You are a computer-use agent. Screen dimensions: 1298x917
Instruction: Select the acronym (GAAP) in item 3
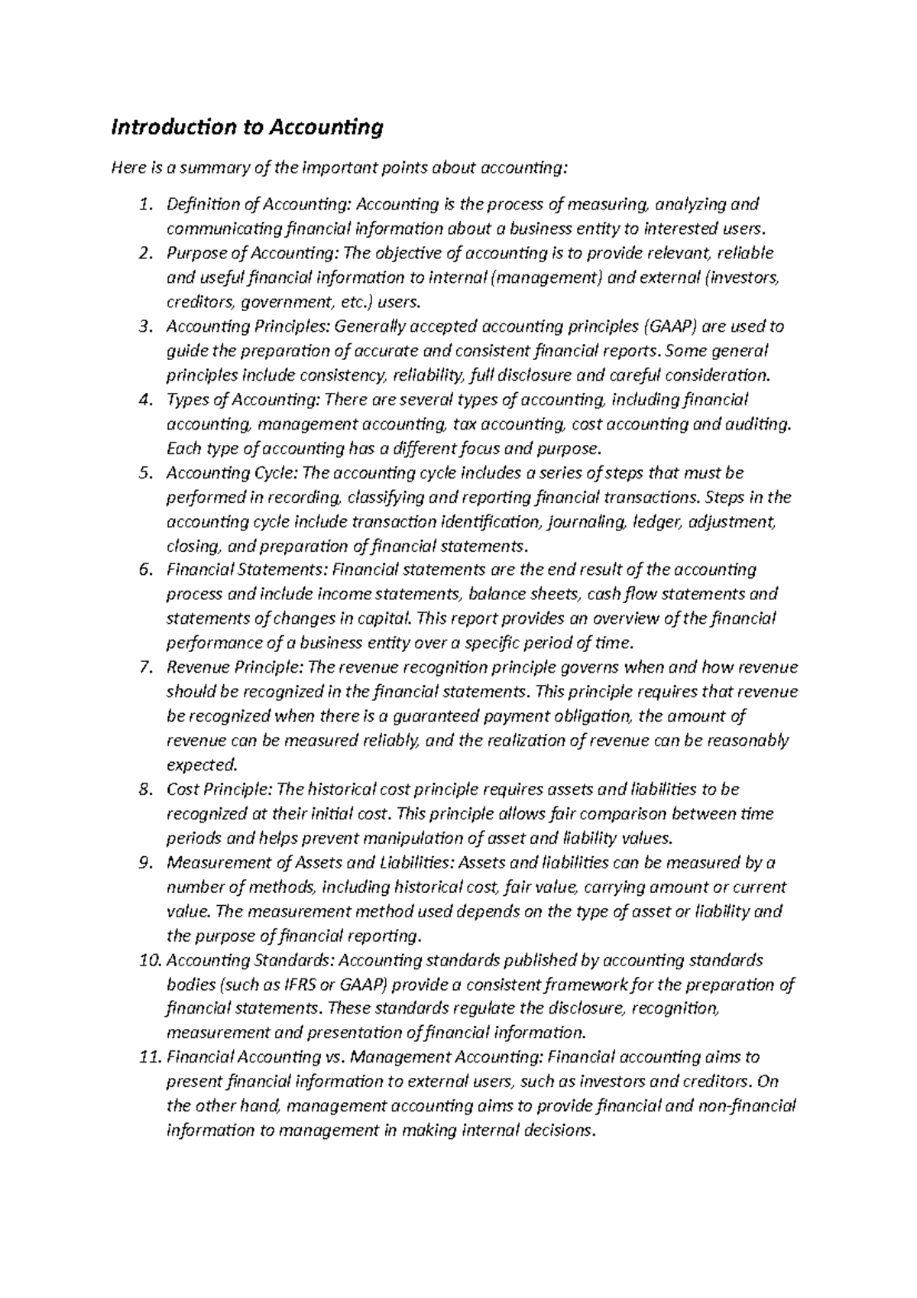tap(669, 327)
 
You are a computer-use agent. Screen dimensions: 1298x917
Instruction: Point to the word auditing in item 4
tap(758, 424)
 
